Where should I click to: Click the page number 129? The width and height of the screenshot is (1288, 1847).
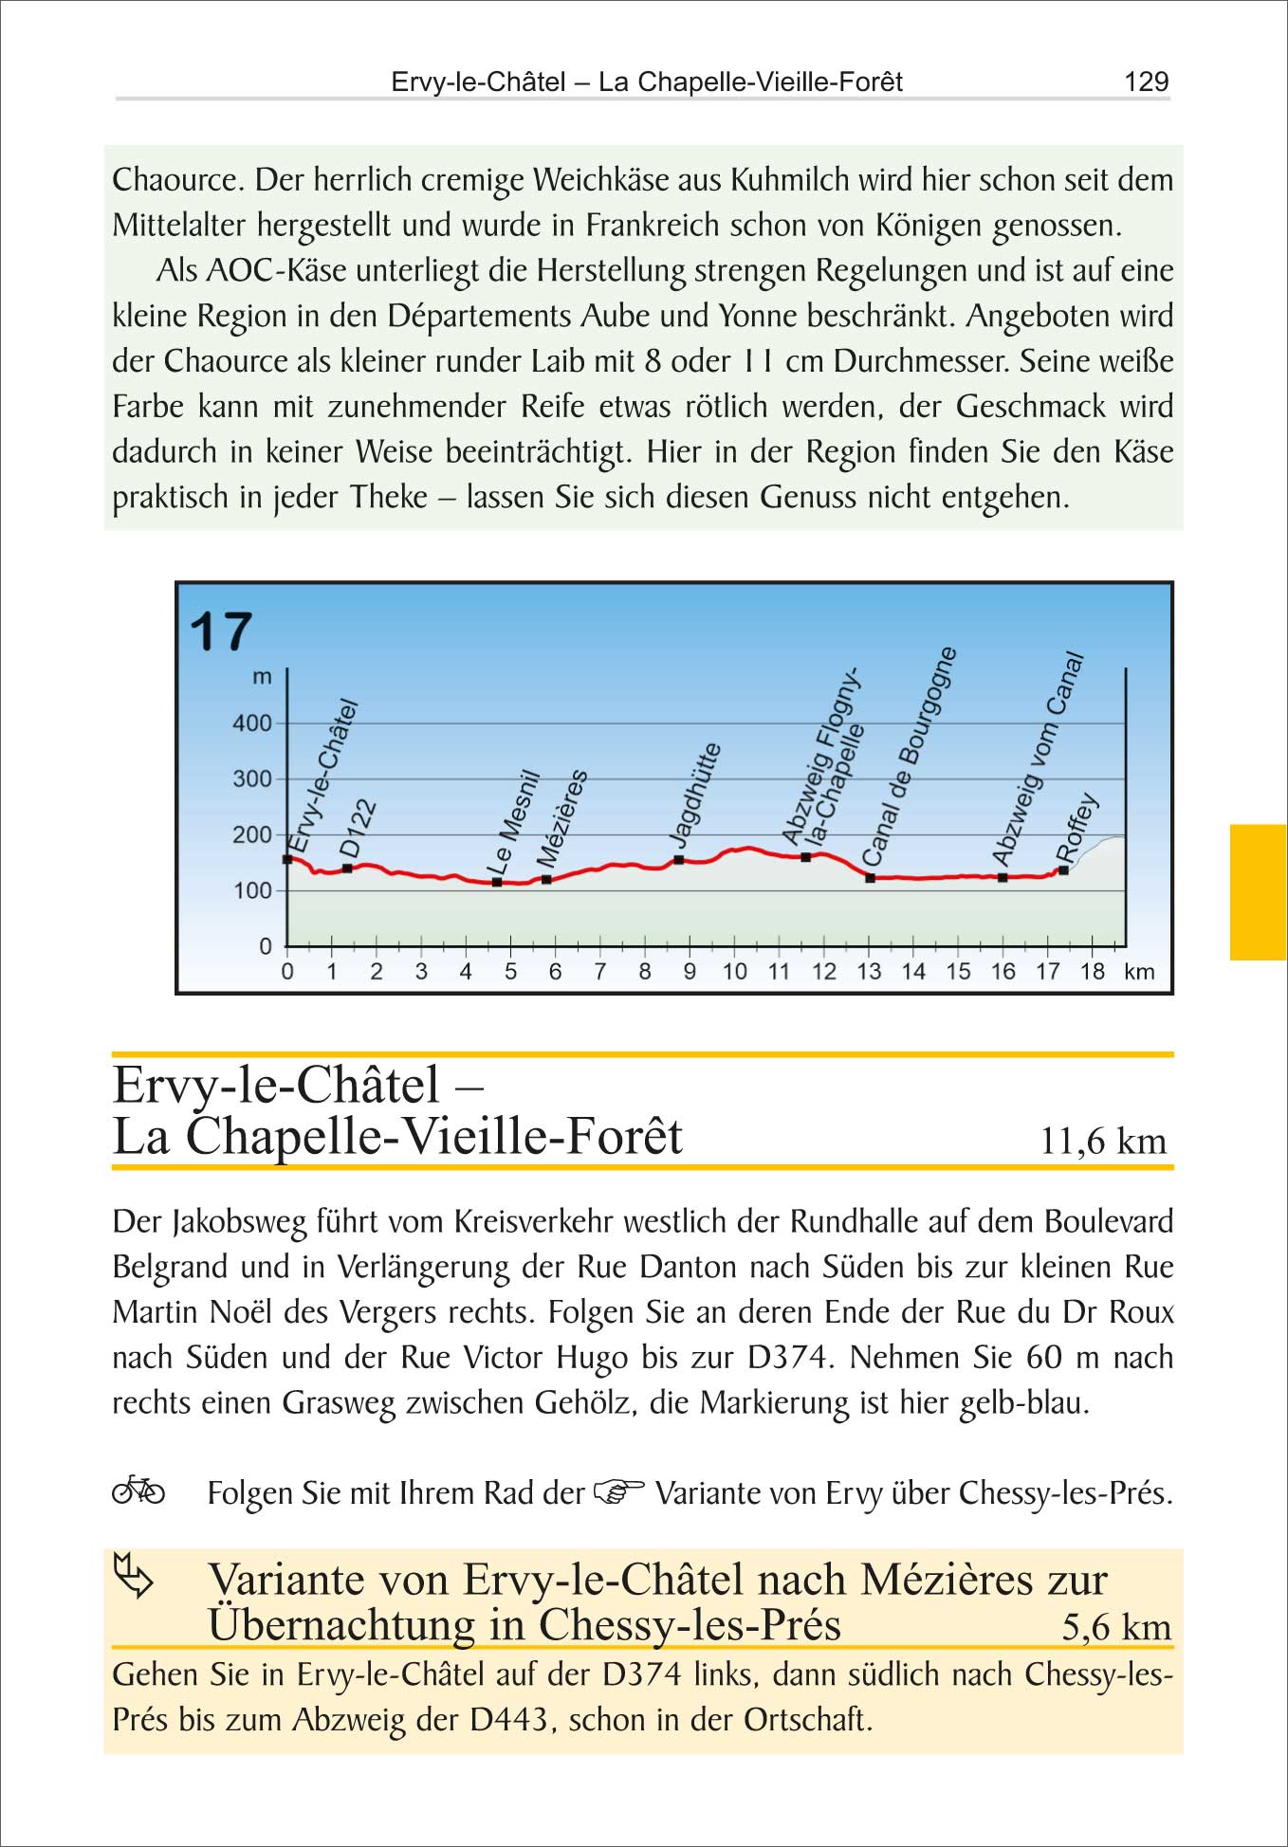1146,82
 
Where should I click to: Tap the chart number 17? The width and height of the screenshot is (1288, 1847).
221,632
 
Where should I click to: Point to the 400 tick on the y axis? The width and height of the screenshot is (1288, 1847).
251,723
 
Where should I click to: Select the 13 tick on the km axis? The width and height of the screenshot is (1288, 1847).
869,971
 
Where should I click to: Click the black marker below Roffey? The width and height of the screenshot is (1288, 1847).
1063,870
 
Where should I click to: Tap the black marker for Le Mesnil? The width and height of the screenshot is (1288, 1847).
497,882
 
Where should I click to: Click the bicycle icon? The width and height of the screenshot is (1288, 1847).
138,1490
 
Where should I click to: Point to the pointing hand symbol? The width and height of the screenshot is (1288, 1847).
618,1491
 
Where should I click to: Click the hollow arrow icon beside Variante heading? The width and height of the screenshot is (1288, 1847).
134,1575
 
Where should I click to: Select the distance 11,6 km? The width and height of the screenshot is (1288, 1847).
1103,1141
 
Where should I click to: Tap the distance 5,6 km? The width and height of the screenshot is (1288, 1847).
1115,1627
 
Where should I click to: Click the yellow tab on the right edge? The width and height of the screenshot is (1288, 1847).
1258,892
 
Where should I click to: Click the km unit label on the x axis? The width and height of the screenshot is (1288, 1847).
1139,971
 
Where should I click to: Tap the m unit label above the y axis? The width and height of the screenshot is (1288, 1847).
262,677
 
